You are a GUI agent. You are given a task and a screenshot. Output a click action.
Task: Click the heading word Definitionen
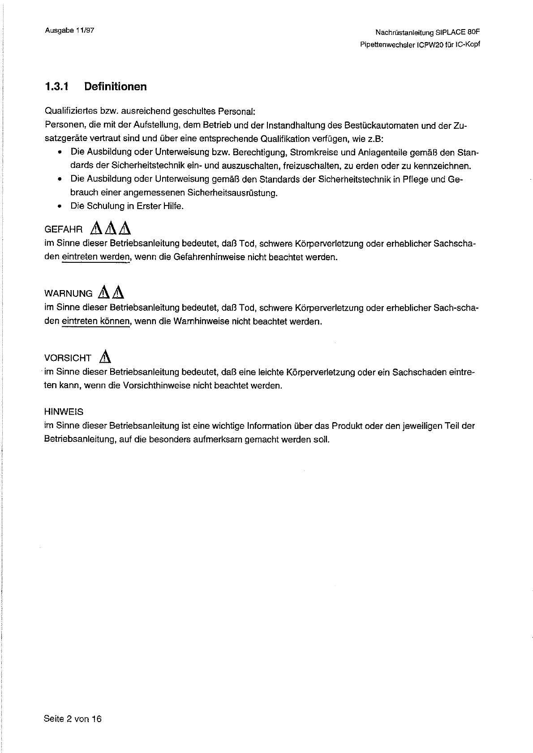point(115,87)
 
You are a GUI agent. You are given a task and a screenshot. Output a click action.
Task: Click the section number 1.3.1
point(56,87)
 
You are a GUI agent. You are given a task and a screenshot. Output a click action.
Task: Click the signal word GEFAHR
point(64,230)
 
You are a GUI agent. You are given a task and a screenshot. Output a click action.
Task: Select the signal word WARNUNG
point(69,294)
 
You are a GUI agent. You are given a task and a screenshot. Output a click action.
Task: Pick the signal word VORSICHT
point(68,358)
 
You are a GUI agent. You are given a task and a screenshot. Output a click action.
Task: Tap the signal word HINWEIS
point(64,412)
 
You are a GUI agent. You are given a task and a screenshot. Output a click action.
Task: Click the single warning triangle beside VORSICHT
point(105,357)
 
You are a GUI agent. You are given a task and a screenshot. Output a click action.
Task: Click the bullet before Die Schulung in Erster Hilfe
point(60,206)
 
